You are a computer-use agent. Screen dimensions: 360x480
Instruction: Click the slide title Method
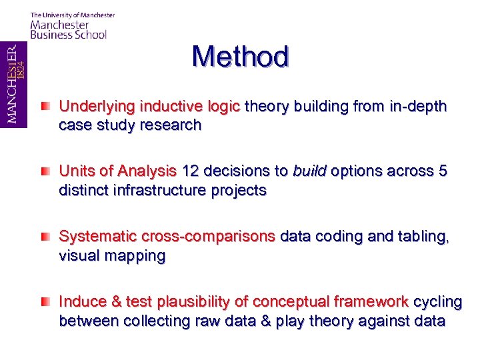(240, 57)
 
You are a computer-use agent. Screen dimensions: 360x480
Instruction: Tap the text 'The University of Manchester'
(72, 15)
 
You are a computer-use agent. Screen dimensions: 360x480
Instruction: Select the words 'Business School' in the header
(68, 34)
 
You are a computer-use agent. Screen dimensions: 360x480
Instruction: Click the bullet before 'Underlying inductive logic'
(45, 106)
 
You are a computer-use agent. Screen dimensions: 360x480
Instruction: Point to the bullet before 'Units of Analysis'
(45, 171)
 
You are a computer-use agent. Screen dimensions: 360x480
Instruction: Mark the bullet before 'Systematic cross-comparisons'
(45, 237)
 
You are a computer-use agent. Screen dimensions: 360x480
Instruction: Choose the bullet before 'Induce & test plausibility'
(45, 302)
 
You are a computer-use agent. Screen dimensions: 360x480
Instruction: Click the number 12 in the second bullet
(191, 171)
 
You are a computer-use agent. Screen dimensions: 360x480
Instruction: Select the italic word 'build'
(308, 171)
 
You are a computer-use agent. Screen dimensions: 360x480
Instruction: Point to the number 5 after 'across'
(443, 171)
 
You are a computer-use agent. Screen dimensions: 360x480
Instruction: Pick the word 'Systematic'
(93, 237)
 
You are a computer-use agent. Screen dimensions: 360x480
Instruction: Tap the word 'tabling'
(423, 237)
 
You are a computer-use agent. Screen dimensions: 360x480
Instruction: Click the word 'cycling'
(437, 302)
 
